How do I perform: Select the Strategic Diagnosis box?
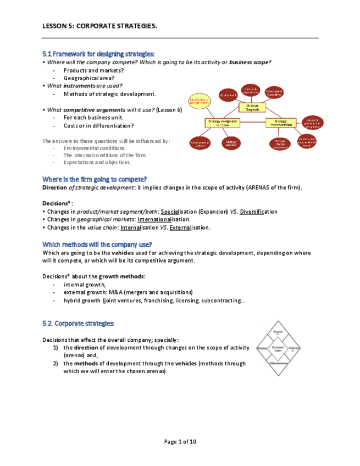pyautogui.click(x=252, y=108)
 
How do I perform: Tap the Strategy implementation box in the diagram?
pyautogui.click(x=281, y=122)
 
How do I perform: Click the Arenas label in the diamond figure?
pyautogui.click(x=278, y=333)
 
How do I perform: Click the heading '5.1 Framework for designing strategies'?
pyautogui.click(x=98, y=54)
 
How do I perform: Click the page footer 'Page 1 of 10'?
pyautogui.click(x=180, y=441)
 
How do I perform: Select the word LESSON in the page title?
pyautogui.click(x=55, y=26)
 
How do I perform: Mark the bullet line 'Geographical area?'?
pyautogui.click(x=88, y=78)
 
